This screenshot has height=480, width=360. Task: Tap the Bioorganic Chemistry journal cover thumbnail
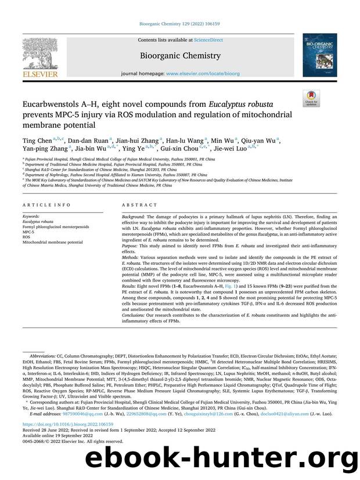319,56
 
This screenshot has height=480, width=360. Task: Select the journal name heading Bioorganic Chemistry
181,56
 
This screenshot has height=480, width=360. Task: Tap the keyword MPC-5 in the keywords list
29,232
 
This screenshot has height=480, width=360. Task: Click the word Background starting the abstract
135,215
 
